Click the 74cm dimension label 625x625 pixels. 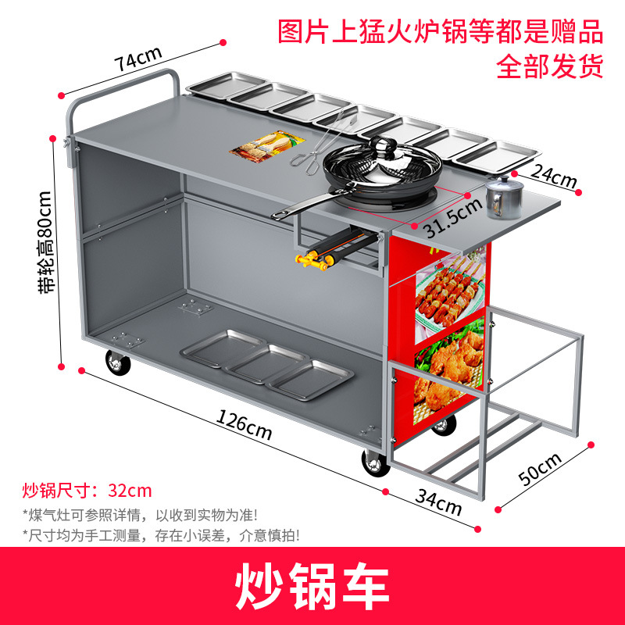coord(137,58)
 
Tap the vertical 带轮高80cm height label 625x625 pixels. coord(48,242)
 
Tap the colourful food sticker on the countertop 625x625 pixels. coord(266,145)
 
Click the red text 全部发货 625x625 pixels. coord(550,65)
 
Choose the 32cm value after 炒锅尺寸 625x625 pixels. coord(130,491)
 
